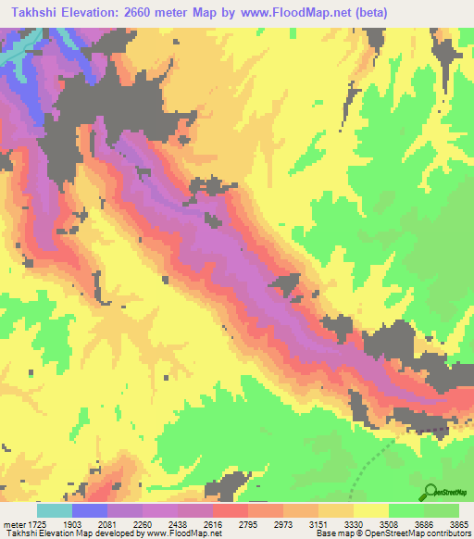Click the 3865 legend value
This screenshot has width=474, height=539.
461,524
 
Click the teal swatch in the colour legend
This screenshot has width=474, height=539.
55,510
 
